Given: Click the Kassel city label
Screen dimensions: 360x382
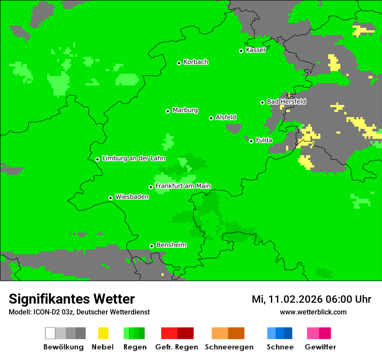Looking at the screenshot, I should tap(255, 50).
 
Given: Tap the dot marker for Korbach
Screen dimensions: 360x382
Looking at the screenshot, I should tap(179, 63).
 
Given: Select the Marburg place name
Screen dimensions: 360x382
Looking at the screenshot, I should tap(185, 110).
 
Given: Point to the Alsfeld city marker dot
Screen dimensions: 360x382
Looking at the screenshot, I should tap(211, 118).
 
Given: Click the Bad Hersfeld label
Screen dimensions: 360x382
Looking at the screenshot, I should tap(286, 101).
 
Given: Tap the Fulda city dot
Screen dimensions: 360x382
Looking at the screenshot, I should tap(251, 141).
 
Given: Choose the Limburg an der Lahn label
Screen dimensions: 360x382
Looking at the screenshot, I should tap(133, 158).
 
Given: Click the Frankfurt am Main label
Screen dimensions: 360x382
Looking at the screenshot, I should tap(183, 186).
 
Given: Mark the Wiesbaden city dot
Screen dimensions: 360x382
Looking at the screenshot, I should tap(111, 198).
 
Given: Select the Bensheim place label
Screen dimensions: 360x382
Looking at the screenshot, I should tap(171, 245).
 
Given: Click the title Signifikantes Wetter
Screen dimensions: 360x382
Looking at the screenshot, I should tap(72, 299).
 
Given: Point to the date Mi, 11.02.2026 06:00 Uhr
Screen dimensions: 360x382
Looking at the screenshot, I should tap(311, 299).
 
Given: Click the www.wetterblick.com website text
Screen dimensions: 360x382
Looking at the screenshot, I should tap(313, 312).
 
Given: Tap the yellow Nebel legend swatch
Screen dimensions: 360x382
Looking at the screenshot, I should tap(103, 333).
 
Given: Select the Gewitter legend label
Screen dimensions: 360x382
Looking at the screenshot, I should tap(320, 347).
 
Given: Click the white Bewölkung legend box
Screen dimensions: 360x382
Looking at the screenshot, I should tap(50, 333).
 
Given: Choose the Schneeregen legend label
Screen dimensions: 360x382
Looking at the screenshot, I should tap(229, 347).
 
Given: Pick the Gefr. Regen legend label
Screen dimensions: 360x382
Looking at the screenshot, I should tap(177, 347).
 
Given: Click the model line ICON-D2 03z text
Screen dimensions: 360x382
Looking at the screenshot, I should tap(79, 312).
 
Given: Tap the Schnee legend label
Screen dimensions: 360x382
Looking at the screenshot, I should tap(280, 347).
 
